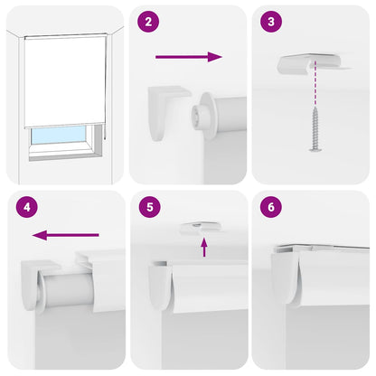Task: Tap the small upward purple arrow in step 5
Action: (x=204, y=247)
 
